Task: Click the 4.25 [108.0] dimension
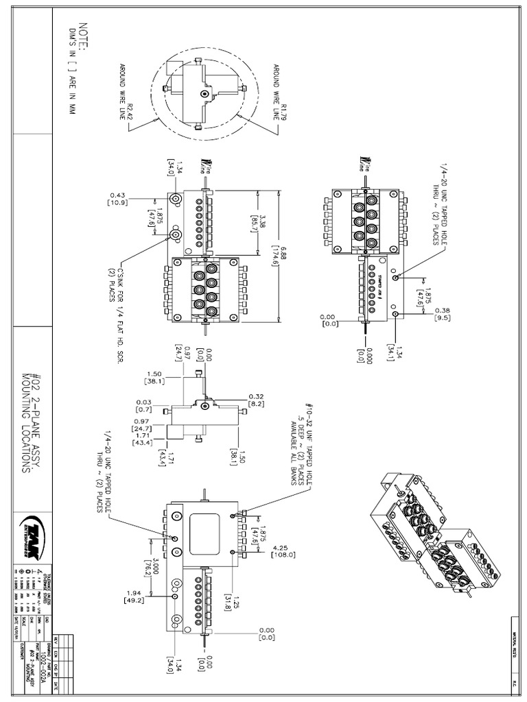tap(282, 551)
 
